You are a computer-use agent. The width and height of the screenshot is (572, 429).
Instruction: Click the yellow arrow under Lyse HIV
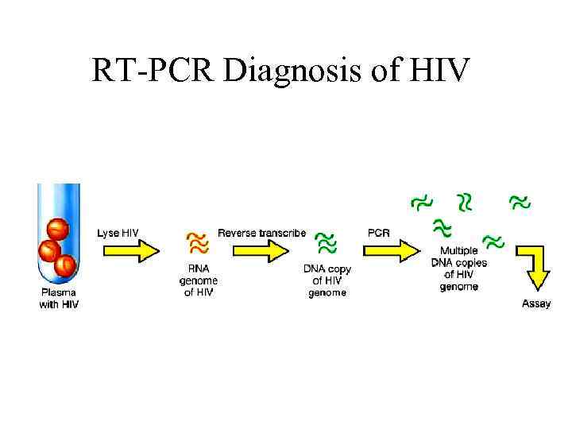[129, 250]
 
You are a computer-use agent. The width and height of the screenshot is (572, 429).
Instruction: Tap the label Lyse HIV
[118, 233]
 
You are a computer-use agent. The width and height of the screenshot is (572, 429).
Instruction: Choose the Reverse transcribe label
[261, 233]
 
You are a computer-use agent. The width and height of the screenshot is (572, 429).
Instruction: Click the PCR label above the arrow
[378, 233]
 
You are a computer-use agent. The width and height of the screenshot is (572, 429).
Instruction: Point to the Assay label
[536, 303]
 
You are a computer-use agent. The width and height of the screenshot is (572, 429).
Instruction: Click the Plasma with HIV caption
[60, 298]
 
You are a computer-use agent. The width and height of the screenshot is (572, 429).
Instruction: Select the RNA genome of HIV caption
[198, 280]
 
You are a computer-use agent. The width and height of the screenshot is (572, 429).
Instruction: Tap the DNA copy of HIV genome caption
[327, 280]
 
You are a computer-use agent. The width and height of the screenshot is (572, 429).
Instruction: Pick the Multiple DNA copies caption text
[458, 269]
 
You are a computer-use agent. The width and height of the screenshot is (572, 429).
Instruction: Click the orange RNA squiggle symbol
[197, 242]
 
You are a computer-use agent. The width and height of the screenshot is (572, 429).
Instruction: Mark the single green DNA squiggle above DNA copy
[326, 242]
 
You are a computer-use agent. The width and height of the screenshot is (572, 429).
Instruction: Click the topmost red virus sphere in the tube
[57, 229]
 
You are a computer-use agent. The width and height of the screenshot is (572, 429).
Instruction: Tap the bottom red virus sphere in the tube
[65, 265]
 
